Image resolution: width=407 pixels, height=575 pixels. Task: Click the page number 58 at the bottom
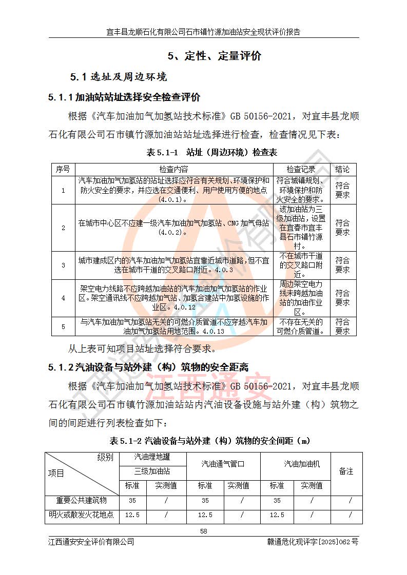pyautogui.click(x=204, y=531)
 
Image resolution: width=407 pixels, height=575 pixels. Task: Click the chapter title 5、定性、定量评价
pyautogui.click(x=215, y=56)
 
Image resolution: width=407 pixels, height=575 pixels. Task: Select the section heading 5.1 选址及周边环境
pyautogui.click(x=119, y=77)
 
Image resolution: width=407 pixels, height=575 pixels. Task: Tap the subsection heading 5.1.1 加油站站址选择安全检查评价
pyautogui.click(x=124, y=97)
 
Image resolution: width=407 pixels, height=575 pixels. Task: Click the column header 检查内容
pyautogui.click(x=173, y=169)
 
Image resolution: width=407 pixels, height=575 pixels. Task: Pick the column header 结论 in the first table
pyautogui.click(x=342, y=169)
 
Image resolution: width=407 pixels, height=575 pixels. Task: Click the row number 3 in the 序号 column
pyautogui.click(x=63, y=265)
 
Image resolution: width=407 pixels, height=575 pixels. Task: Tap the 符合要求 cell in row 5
pyautogui.click(x=342, y=326)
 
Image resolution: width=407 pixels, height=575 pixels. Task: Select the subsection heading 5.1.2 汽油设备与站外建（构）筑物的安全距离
pyautogui.click(x=148, y=367)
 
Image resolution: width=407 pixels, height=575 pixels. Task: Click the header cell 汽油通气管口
pyautogui.click(x=223, y=464)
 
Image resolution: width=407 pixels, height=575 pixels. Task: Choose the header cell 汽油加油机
pyautogui.click(x=302, y=464)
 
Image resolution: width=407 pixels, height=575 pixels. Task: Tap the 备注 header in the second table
pyautogui.click(x=346, y=471)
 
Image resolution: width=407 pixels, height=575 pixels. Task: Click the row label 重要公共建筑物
pyautogui.click(x=82, y=500)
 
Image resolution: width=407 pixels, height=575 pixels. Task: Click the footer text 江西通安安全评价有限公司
pyautogui.click(x=91, y=542)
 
